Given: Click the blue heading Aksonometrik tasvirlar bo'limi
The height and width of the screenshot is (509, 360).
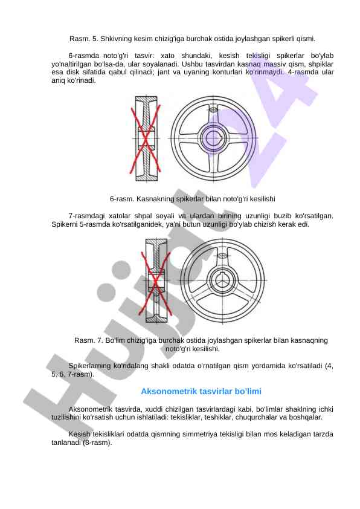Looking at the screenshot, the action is click(201, 391).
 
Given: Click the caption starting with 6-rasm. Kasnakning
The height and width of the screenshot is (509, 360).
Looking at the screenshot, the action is click(192, 199).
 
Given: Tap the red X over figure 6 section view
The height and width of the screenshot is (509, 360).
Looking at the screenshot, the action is click(146, 138).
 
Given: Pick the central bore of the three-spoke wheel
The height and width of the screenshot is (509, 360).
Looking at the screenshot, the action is click(222, 280).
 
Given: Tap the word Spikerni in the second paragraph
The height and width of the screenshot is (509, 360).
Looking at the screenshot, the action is click(64, 224).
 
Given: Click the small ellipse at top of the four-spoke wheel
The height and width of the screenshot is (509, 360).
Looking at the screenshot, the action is click(213, 110).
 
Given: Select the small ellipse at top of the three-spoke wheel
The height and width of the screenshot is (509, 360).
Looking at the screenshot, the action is click(222, 256).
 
